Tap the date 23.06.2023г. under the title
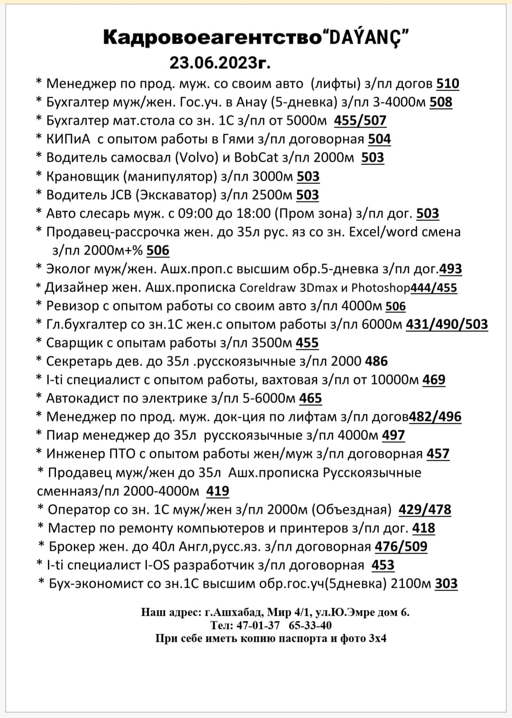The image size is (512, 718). [220, 62]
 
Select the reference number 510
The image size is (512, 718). [448, 84]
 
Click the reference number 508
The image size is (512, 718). [441, 102]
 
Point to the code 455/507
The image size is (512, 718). [360, 121]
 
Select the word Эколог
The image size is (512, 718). [68, 269]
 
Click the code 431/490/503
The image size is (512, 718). [447, 324]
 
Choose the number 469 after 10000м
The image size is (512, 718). [433, 380]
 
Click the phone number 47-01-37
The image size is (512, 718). [258, 625]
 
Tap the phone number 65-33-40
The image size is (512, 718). [310, 625]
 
